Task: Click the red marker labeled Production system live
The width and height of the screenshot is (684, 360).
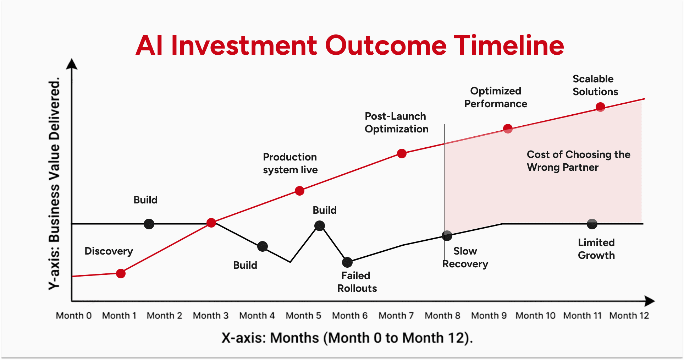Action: [299, 191]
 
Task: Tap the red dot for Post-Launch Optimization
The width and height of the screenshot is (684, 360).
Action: [402, 153]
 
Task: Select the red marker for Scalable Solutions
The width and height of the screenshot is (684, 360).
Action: [600, 107]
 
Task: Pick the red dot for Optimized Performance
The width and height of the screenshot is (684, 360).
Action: [508, 129]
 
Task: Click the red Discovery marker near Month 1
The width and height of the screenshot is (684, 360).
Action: [121, 273]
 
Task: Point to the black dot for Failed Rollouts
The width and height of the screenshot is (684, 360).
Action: [347, 262]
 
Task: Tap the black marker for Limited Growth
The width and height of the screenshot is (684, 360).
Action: [592, 224]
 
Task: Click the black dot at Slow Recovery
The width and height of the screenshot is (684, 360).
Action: [447, 235]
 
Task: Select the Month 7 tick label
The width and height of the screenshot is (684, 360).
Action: [396, 316]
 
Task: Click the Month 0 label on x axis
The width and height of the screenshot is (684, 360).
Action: [74, 316]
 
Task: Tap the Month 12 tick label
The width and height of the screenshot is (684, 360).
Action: [629, 316]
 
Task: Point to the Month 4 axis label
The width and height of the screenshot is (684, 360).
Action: [257, 316]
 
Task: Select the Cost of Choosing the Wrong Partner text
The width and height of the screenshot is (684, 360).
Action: [578, 161]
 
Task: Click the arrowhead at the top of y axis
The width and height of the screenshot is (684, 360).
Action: [72, 64]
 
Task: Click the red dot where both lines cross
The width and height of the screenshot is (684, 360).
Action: [211, 223]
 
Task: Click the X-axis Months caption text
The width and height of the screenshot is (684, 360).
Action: [347, 338]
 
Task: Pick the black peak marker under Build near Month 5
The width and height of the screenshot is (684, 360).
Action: [319, 226]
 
